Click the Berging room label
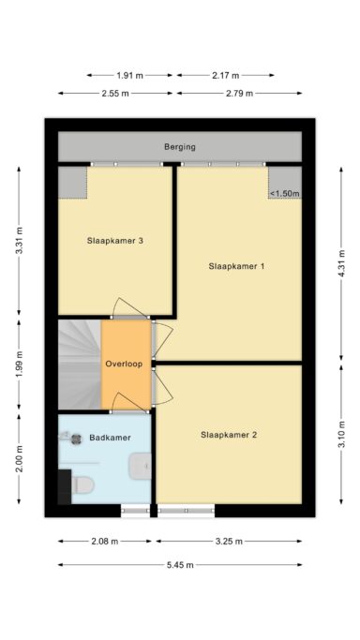[x=180, y=147]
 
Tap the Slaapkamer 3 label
[x=114, y=241]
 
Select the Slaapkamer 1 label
[x=236, y=266]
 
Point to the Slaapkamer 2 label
[x=229, y=435]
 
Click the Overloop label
[x=124, y=364]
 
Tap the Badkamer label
[x=110, y=438]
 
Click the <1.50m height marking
[x=284, y=193]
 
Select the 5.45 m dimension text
[x=180, y=565]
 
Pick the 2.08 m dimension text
[x=104, y=542]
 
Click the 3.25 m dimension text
[x=229, y=542]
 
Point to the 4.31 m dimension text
[x=341, y=263]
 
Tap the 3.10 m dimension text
[x=341, y=434]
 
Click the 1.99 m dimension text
[x=19, y=365]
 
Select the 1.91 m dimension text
[x=129, y=76]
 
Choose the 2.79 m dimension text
[x=239, y=94]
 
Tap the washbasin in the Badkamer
[x=140, y=466]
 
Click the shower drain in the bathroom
[x=76, y=439]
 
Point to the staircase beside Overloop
[x=80, y=365]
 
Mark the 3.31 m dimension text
[x=19, y=241]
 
